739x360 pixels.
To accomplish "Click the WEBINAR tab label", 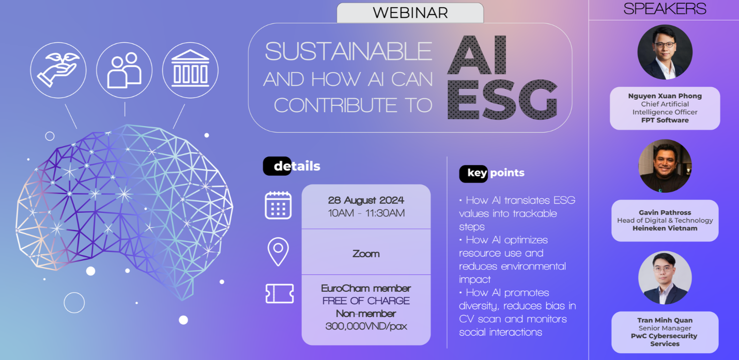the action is tap(410, 13).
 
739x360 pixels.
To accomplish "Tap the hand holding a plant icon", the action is tap(58, 70).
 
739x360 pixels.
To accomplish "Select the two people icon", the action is tap(125, 70).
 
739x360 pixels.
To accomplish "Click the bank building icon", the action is tap(190, 69).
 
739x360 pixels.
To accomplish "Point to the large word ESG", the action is tap(502, 100).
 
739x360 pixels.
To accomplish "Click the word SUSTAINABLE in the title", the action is tap(348, 52).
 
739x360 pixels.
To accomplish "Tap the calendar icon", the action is tap(278, 205).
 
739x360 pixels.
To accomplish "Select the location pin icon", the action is tap(278, 252).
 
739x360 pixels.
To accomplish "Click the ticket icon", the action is tap(280, 293).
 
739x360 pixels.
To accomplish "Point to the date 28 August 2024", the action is tap(366, 200).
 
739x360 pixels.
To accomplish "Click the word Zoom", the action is tap(366, 254).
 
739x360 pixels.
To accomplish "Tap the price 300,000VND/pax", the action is tap(366, 326).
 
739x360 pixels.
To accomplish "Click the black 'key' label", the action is tap(474, 174).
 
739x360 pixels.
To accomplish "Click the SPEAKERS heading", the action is tap(665, 9).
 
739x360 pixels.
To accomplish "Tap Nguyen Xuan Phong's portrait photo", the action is tap(665, 52).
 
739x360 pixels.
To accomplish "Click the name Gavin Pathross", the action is tap(665, 213).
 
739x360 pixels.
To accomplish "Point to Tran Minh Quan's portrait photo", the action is tap(665, 277).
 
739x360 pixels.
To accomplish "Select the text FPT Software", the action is tap(665, 120).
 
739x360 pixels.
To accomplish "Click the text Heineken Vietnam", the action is tap(665, 228).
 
